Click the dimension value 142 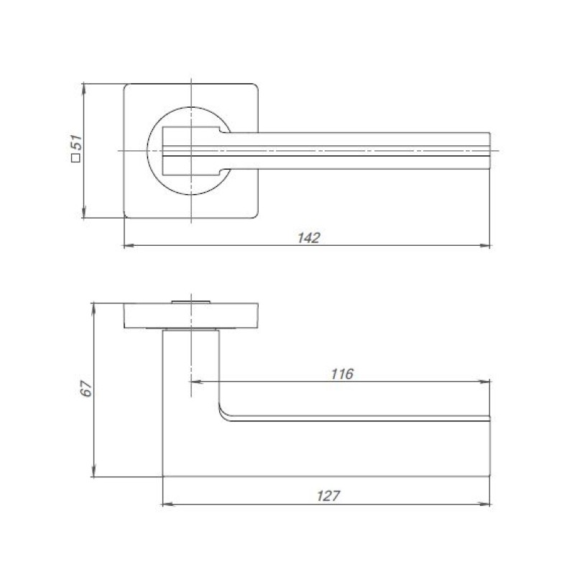coord(309,238)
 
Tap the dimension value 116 coord(342,374)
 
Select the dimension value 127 coord(328,496)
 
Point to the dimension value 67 coord(86,388)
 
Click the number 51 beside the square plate coord(77,142)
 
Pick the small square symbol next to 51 coord(76,158)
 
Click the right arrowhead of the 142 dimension coord(485,245)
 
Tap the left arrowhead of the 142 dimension coord(130,245)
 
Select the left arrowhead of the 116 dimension coord(197,382)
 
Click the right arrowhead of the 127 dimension coord(485,505)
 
